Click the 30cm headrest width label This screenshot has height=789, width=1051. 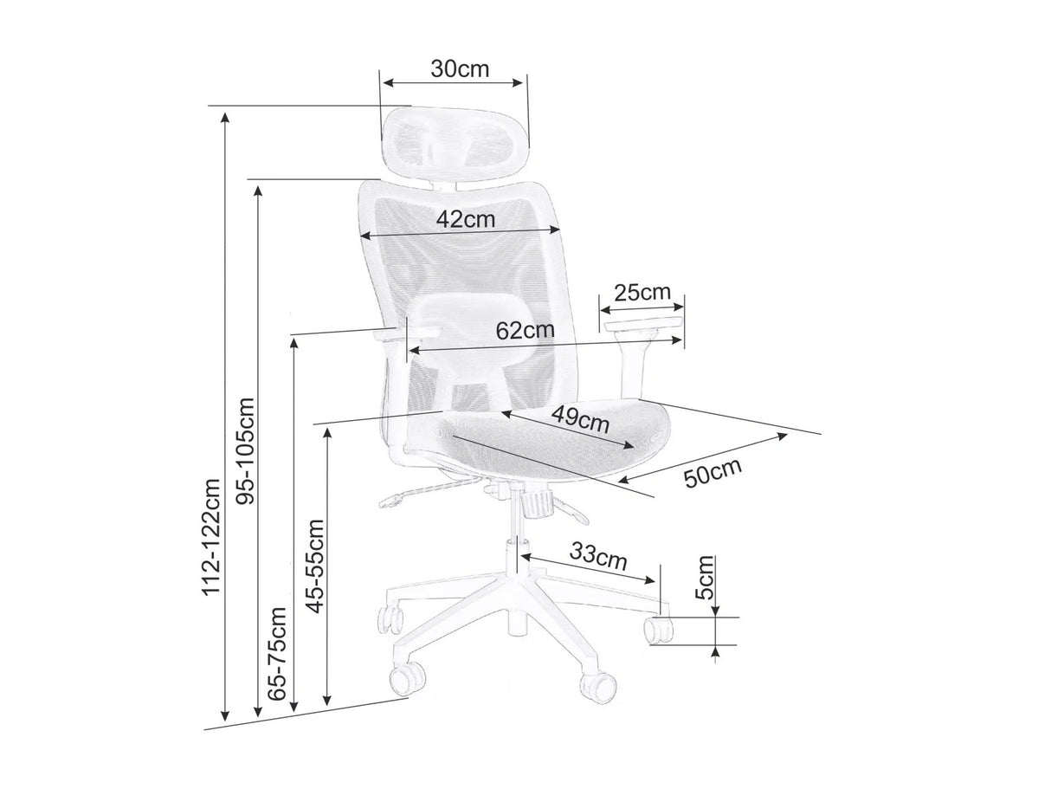(x=460, y=69)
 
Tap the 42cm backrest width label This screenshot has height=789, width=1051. (x=466, y=219)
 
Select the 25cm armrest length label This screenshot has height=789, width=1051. (x=642, y=292)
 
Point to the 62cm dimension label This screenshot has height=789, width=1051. (x=525, y=330)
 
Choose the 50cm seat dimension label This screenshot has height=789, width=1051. (x=713, y=472)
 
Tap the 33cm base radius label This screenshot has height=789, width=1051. (x=597, y=557)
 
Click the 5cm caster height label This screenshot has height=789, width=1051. (x=704, y=578)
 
